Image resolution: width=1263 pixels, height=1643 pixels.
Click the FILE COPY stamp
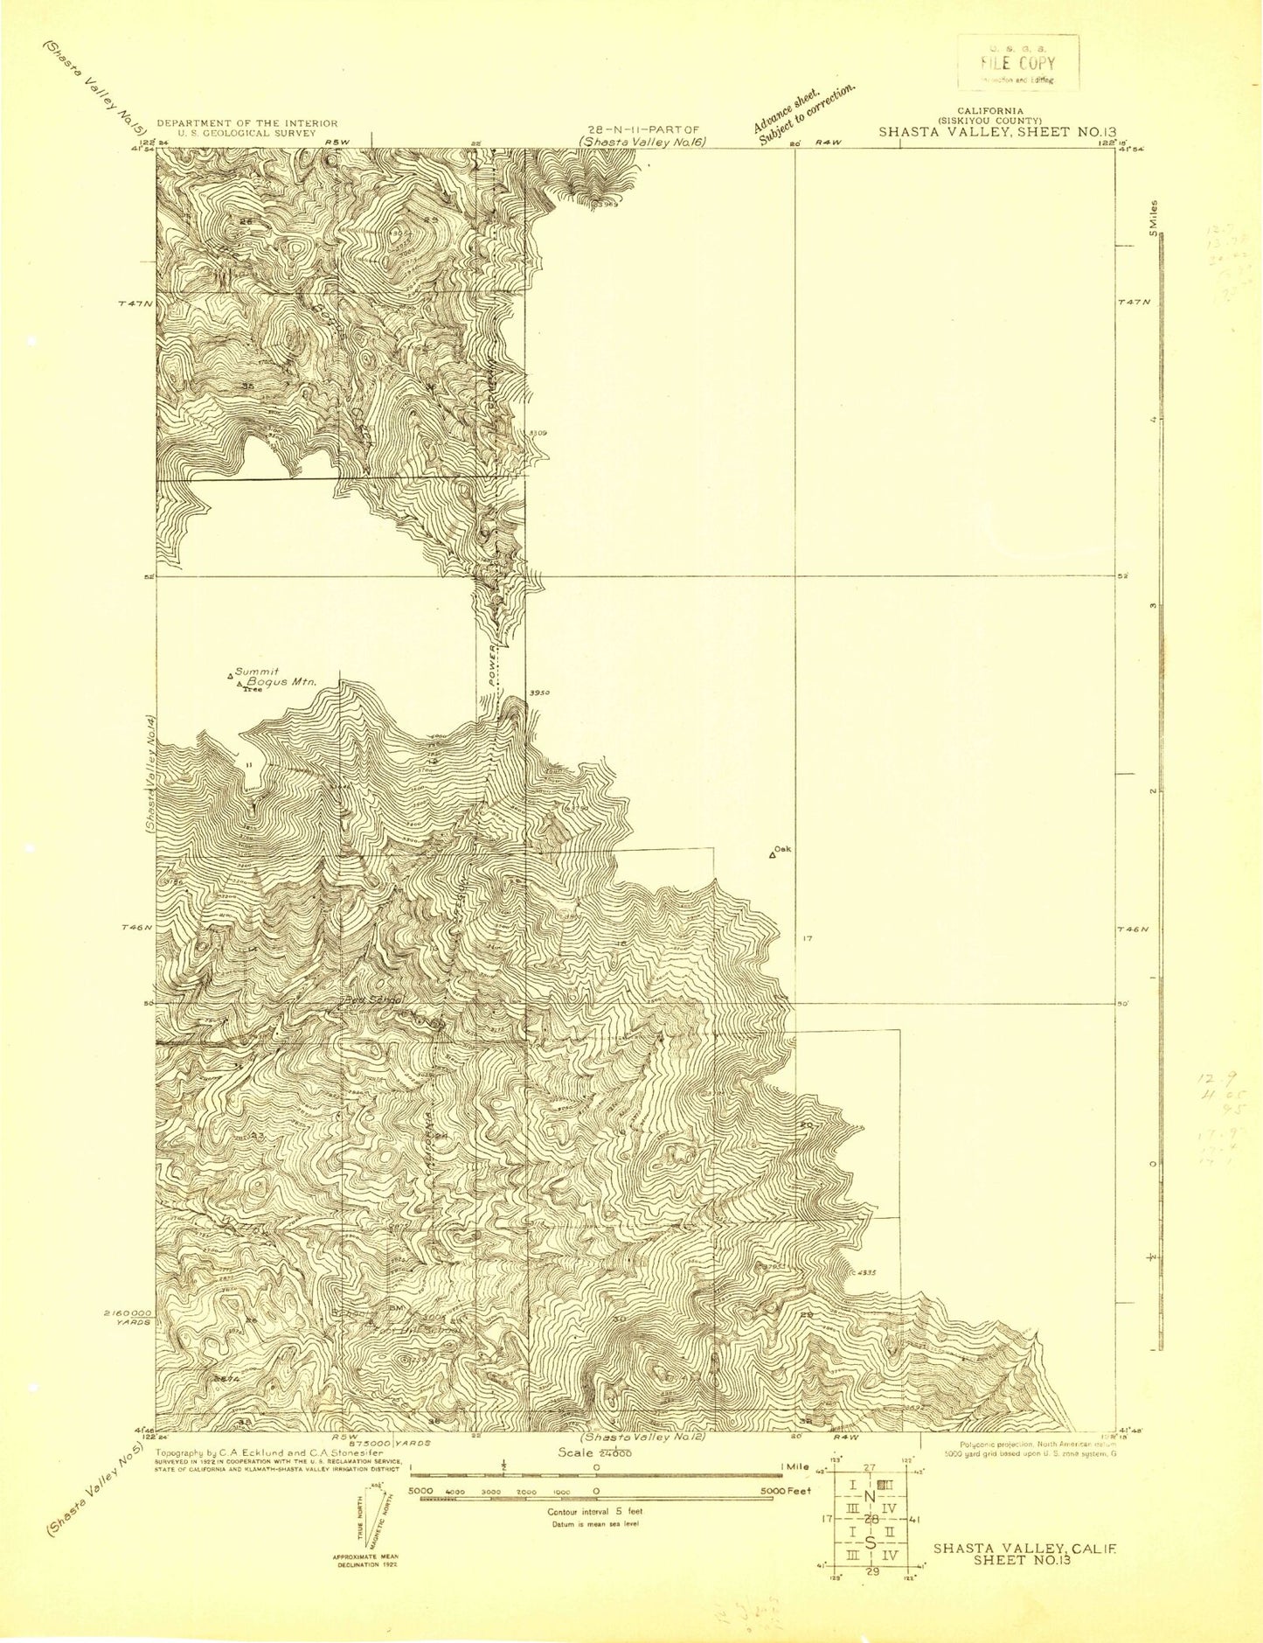click(1018, 62)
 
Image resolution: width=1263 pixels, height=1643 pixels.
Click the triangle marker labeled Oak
click(773, 853)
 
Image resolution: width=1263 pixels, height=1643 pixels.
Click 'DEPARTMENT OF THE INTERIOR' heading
click(247, 123)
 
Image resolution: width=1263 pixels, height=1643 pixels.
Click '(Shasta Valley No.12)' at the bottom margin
click(643, 1436)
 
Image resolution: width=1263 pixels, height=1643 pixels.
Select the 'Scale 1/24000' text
click(589, 1451)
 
